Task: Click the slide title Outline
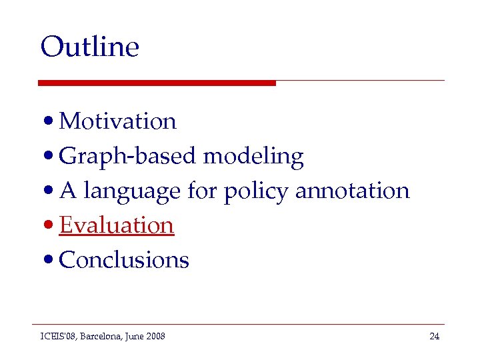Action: (x=89, y=47)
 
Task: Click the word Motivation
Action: (x=117, y=121)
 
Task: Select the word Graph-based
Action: (x=128, y=156)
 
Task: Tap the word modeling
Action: (x=253, y=156)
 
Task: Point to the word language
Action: (x=132, y=191)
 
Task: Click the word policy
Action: (x=256, y=191)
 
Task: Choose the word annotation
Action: (x=352, y=191)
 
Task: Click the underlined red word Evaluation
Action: (x=117, y=225)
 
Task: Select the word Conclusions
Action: (x=124, y=260)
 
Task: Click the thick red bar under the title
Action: (x=157, y=83)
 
